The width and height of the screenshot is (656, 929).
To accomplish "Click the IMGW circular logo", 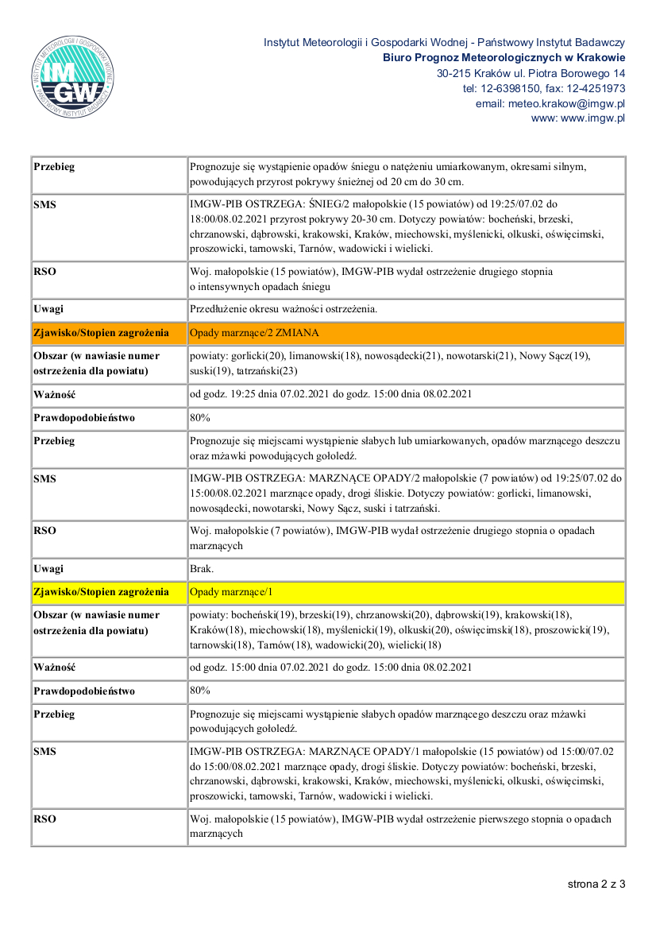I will click(x=74, y=77).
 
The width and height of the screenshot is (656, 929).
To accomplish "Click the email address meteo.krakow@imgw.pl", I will click(x=550, y=103).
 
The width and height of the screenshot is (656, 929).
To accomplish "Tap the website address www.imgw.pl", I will click(x=592, y=118).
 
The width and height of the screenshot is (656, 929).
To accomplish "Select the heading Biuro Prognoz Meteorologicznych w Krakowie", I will click(x=504, y=57).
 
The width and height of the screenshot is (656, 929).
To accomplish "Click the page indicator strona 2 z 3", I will click(x=596, y=883).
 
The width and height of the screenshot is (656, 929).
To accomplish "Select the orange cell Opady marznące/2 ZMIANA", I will click(x=254, y=332).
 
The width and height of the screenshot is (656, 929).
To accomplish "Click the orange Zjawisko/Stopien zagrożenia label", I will click(x=101, y=332).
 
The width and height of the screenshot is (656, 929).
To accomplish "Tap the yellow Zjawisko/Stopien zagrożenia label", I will click(x=101, y=592).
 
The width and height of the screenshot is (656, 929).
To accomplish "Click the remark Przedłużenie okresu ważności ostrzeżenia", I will click(x=284, y=309).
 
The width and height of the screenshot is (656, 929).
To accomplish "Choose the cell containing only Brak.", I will click(x=201, y=569).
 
